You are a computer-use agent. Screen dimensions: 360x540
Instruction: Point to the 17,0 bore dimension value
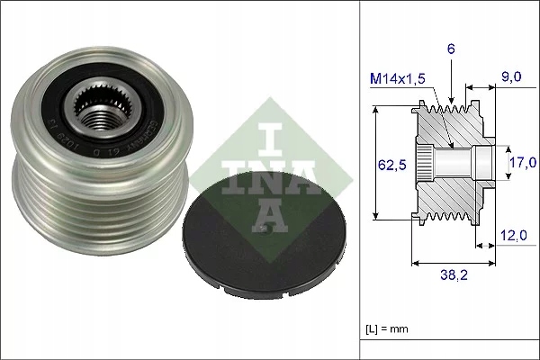521,162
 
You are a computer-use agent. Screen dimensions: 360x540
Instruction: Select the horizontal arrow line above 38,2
454,263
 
